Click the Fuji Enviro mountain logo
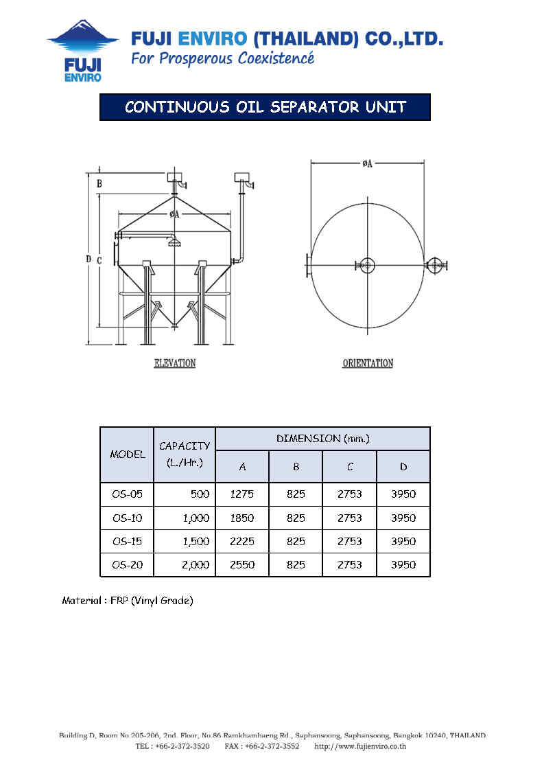(83, 50)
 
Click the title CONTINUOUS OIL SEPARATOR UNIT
(265, 107)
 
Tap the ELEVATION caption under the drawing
(175, 363)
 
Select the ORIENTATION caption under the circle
(368, 363)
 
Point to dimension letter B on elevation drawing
(99, 183)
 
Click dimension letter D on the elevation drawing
(88, 259)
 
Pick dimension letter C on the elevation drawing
(99, 261)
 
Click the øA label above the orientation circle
(368, 163)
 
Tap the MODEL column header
(128, 454)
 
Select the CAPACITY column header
(185, 454)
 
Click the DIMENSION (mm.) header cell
(322, 438)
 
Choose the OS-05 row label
(127, 494)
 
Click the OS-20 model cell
(127, 565)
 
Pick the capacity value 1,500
(196, 541)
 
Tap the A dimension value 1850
(242, 518)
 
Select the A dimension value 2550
(242, 565)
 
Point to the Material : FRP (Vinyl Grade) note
(128, 601)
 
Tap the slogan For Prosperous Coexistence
(222, 58)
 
